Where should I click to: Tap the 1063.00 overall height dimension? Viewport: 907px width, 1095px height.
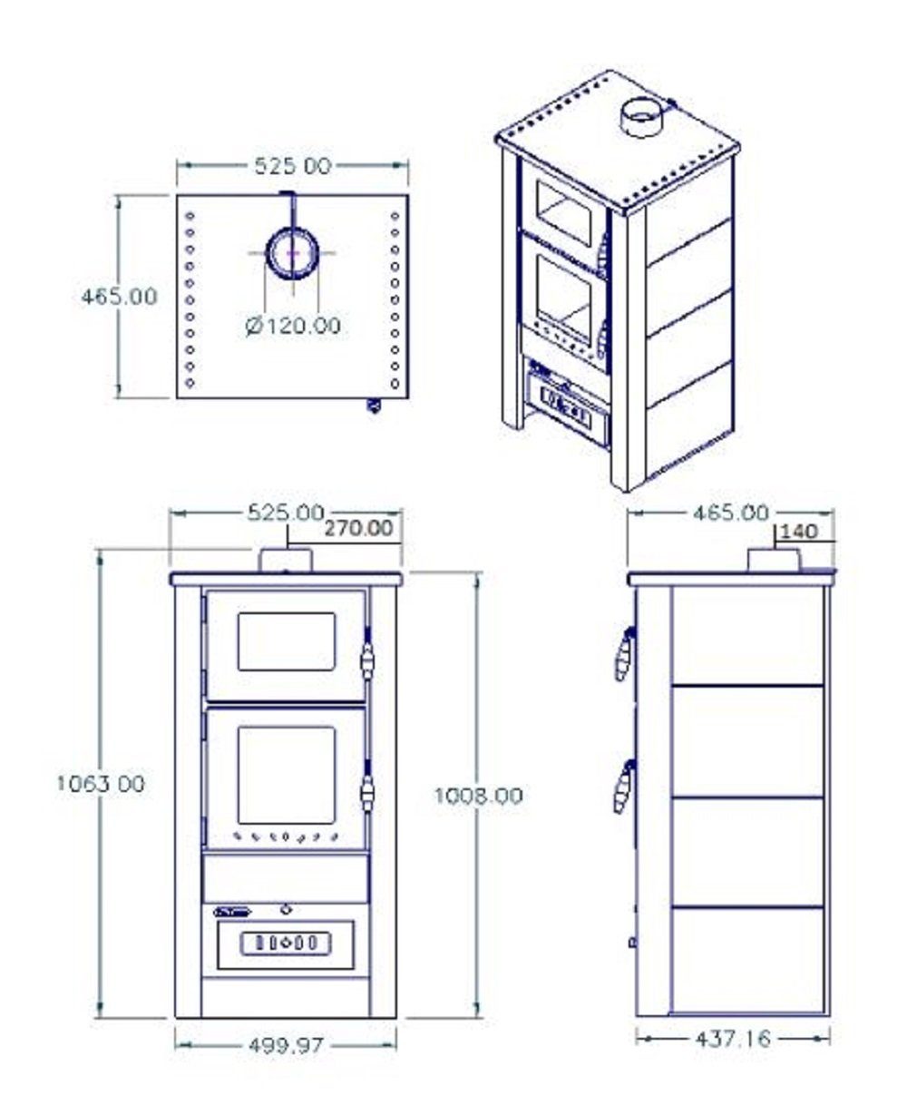click(100, 784)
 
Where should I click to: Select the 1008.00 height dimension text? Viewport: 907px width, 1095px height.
click(478, 796)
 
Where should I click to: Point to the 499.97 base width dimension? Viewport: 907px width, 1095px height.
click(286, 1045)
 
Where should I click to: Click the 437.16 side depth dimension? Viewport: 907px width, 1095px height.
click(733, 1038)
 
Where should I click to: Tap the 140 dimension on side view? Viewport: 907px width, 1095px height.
click(798, 532)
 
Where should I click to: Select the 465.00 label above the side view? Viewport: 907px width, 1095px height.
click(731, 513)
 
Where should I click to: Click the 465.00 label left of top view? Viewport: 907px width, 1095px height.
click(119, 296)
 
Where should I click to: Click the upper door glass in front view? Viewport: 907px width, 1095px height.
click(287, 641)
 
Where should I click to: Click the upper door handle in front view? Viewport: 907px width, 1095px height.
click(367, 660)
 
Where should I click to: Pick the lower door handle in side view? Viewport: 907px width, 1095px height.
click(624, 787)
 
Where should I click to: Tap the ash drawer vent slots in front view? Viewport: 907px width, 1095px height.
click(285, 943)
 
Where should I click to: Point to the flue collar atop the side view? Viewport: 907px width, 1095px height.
click(772, 561)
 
